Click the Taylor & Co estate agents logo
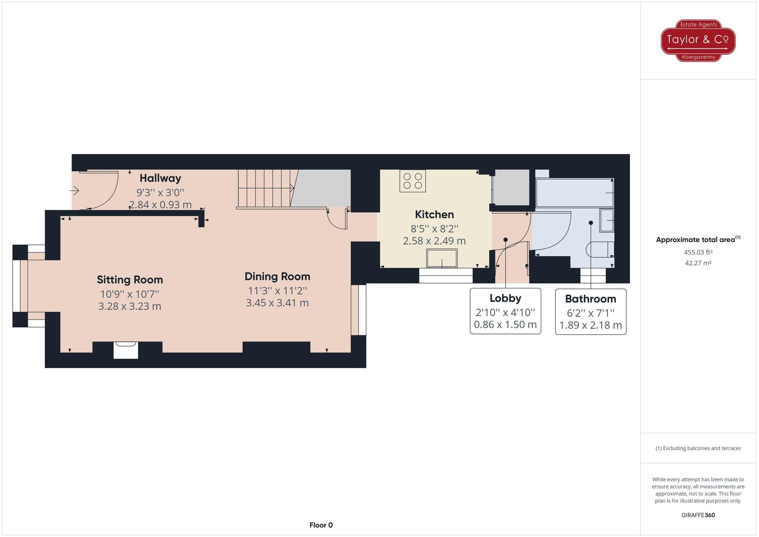click(x=698, y=40)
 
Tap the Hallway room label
click(x=160, y=178)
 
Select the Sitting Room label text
click(x=130, y=280)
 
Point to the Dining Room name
click(x=277, y=276)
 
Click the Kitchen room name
click(x=434, y=214)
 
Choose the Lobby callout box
click(x=505, y=311)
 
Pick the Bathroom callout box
click(x=591, y=312)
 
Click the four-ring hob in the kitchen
click(x=413, y=181)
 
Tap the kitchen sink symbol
click(x=442, y=258)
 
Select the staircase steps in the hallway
click(x=265, y=188)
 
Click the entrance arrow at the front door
click(x=75, y=191)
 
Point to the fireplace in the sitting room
click(x=126, y=350)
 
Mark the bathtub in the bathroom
click(x=575, y=193)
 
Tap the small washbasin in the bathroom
click(x=606, y=220)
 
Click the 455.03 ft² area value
click(x=698, y=252)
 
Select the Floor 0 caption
click(x=321, y=525)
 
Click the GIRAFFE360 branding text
click(x=698, y=515)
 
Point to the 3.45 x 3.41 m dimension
click(x=277, y=303)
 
